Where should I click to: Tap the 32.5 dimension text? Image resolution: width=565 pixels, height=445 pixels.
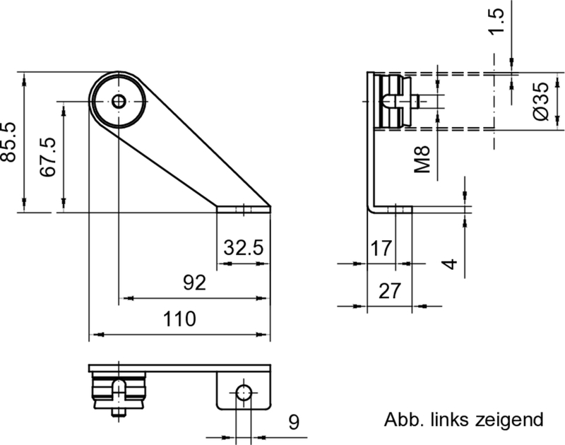[243, 248]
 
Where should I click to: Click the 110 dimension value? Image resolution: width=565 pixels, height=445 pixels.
[179, 319]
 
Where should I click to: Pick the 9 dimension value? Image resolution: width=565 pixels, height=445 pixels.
[294, 422]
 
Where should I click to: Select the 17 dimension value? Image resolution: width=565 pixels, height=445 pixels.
[381, 248]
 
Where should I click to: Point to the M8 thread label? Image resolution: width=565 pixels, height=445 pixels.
[423, 158]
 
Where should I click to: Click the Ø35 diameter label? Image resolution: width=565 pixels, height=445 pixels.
[540, 101]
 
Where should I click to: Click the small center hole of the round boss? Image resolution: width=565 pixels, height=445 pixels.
[119, 101]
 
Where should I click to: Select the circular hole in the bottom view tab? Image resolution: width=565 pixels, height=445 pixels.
[243, 393]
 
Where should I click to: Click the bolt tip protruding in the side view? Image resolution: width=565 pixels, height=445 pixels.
[423, 101]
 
